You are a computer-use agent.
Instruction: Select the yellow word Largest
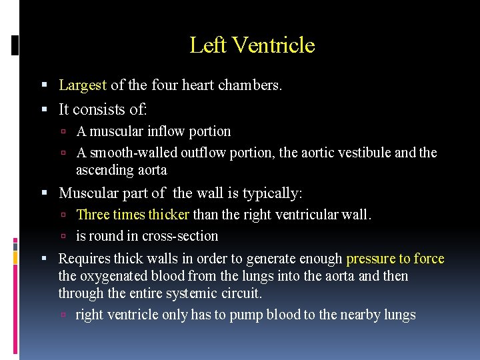(x=83, y=85)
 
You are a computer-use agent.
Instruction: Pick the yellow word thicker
(x=169, y=215)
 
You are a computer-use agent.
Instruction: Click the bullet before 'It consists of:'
(x=44, y=109)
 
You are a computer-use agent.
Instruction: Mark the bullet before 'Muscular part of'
(x=44, y=194)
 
